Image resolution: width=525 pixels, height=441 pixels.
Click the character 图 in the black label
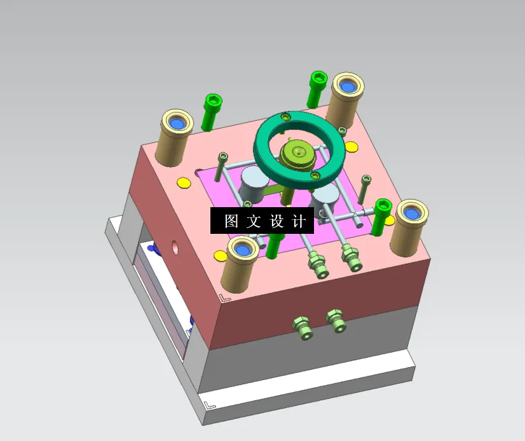231,221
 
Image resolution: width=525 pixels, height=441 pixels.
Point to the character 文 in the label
254,221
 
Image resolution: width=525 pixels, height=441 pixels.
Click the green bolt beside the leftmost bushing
212,111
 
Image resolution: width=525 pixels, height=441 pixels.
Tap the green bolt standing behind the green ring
317,88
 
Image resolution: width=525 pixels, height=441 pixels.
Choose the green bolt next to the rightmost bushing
383,214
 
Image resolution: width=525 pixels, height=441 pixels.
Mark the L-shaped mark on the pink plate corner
223,297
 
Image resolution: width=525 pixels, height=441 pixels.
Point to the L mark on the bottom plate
210,403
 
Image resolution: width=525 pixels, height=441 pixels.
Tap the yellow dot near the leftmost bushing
184,183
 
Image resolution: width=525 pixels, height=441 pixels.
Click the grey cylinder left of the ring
254,185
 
